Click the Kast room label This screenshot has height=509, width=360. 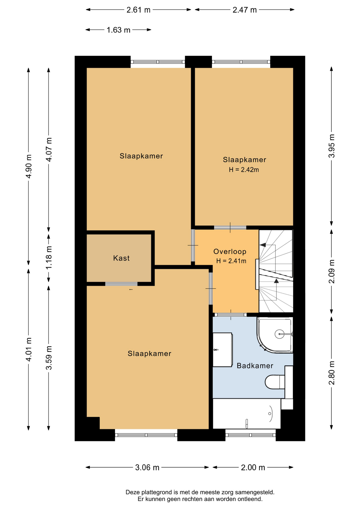pyautogui.click(x=121, y=258)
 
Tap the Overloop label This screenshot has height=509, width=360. pyautogui.click(x=230, y=251)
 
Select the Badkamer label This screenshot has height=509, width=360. pyautogui.click(x=255, y=366)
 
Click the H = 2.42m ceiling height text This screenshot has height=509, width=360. pyautogui.click(x=244, y=170)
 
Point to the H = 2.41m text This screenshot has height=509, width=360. pyautogui.click(x=231, y=261)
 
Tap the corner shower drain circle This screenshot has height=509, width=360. pyautogui.click(x=279, y=334)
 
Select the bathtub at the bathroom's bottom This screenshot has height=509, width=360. pyautogui.click(x=247, y=414)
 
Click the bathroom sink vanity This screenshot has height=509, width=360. pyautogui.click(x=223, y=350)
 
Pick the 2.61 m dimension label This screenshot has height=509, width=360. pyautogui.click(x=138, y=10)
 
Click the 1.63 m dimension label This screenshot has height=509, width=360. pyautogui.click(x=118, y=30)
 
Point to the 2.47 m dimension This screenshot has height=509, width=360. pyautogui.click(x=245, y=10)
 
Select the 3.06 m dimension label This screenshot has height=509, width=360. pyautogui.click(x=147, y=467)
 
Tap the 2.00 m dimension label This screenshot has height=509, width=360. pyautogui.click(x=253, y=467)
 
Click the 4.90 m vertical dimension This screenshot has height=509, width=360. pyautogui.click(x=29, y=166)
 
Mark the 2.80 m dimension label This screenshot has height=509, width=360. pyautogui.click(x=332, y=373)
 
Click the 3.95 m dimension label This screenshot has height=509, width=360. pyautogui.click(x=332, y=146)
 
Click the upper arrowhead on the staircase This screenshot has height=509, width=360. pyautogui.click(x=263, y=245)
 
